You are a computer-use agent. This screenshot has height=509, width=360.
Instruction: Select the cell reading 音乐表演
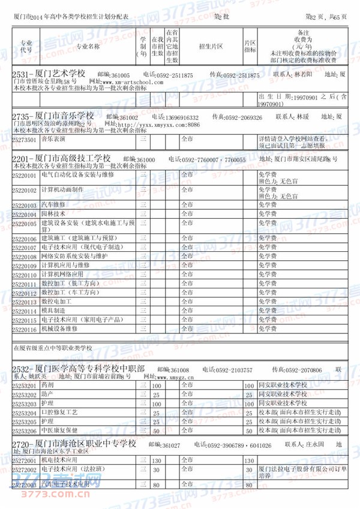[53, 138]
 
